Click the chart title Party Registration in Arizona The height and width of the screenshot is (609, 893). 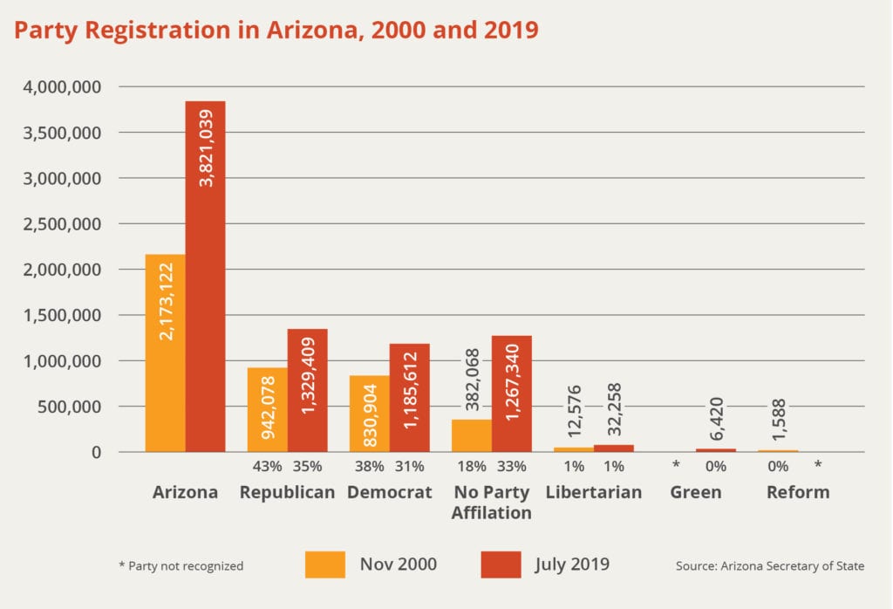276,31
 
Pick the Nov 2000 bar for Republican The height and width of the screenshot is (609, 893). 267,410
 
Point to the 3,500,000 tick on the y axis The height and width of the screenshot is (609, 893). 65,133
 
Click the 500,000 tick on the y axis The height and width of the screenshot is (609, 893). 73,407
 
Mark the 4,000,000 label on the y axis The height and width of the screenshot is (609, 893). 65,87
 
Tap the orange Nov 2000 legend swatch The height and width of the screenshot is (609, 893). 325,565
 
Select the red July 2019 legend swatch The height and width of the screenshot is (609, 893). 501,565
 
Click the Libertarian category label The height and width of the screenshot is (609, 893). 594,492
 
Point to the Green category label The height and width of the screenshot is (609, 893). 696,492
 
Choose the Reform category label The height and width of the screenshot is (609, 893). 798,492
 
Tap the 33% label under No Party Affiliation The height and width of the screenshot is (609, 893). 512,466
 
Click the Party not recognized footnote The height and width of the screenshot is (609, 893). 181,565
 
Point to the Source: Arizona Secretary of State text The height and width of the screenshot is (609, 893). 770,565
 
